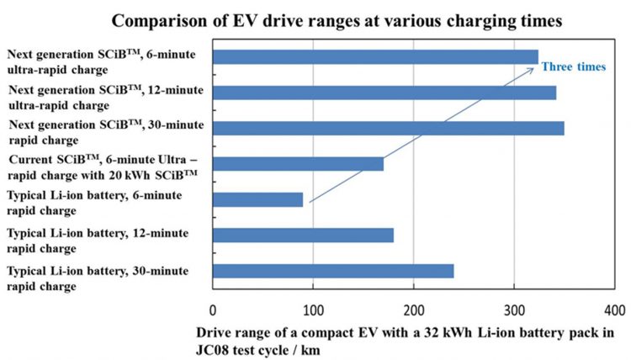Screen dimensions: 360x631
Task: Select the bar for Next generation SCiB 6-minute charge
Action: (375, 56)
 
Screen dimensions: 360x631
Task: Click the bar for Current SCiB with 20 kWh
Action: (299, 163)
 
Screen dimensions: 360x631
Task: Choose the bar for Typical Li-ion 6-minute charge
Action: (258, 199)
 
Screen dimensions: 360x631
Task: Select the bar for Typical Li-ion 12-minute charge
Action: (304, 235)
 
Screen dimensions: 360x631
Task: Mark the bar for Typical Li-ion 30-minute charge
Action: (334, 271)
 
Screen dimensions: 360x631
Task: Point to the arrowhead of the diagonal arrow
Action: (532, 70)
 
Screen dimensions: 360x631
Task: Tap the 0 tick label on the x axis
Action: (214, 309)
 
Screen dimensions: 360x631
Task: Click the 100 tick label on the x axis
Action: (314, 309)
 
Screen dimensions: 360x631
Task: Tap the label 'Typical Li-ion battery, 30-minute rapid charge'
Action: (98, 277)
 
